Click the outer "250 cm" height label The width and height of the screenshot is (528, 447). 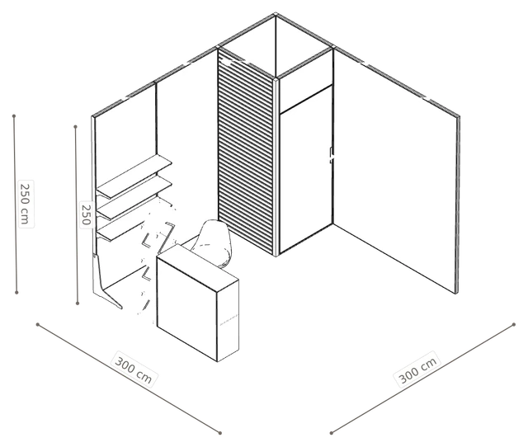click(26, 204)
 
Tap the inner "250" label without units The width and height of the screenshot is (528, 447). click(86, 214)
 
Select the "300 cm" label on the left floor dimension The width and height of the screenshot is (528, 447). click(134, 369)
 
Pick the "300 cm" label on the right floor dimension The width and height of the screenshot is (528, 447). click(417, 369)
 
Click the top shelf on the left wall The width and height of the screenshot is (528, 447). click(134, 176)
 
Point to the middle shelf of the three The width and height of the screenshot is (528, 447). click(134, 199)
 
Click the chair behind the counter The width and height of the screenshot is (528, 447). click(213, 242)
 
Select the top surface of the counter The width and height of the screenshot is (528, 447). click(198, 267)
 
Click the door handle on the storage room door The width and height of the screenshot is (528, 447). click(332, 155)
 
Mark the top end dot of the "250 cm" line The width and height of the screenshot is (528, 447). click(14, 116)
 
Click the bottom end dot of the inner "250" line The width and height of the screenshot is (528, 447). click(78, 303)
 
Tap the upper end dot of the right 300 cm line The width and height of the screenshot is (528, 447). click(513, 324)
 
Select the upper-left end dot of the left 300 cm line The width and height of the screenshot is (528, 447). click(38, 324)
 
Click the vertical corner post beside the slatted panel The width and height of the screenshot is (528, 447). click(276, 167)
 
